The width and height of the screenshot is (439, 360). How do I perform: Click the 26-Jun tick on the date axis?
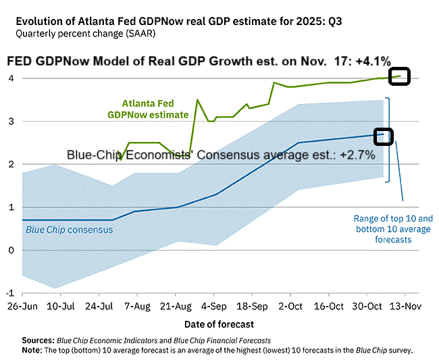tap(22, 305)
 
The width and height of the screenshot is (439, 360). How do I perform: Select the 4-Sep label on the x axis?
tap(214, 305)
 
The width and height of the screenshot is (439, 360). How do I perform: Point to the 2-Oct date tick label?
tap(290, 305)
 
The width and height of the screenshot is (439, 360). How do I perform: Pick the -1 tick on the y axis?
tap(9, 292)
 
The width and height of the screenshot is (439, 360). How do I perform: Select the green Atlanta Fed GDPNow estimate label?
tap(148, 109)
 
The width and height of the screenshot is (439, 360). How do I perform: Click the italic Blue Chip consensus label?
tap(69, 230)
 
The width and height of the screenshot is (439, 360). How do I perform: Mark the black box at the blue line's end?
tap(383, 136)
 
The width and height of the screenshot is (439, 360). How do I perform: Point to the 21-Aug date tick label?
tap(176, 305)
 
